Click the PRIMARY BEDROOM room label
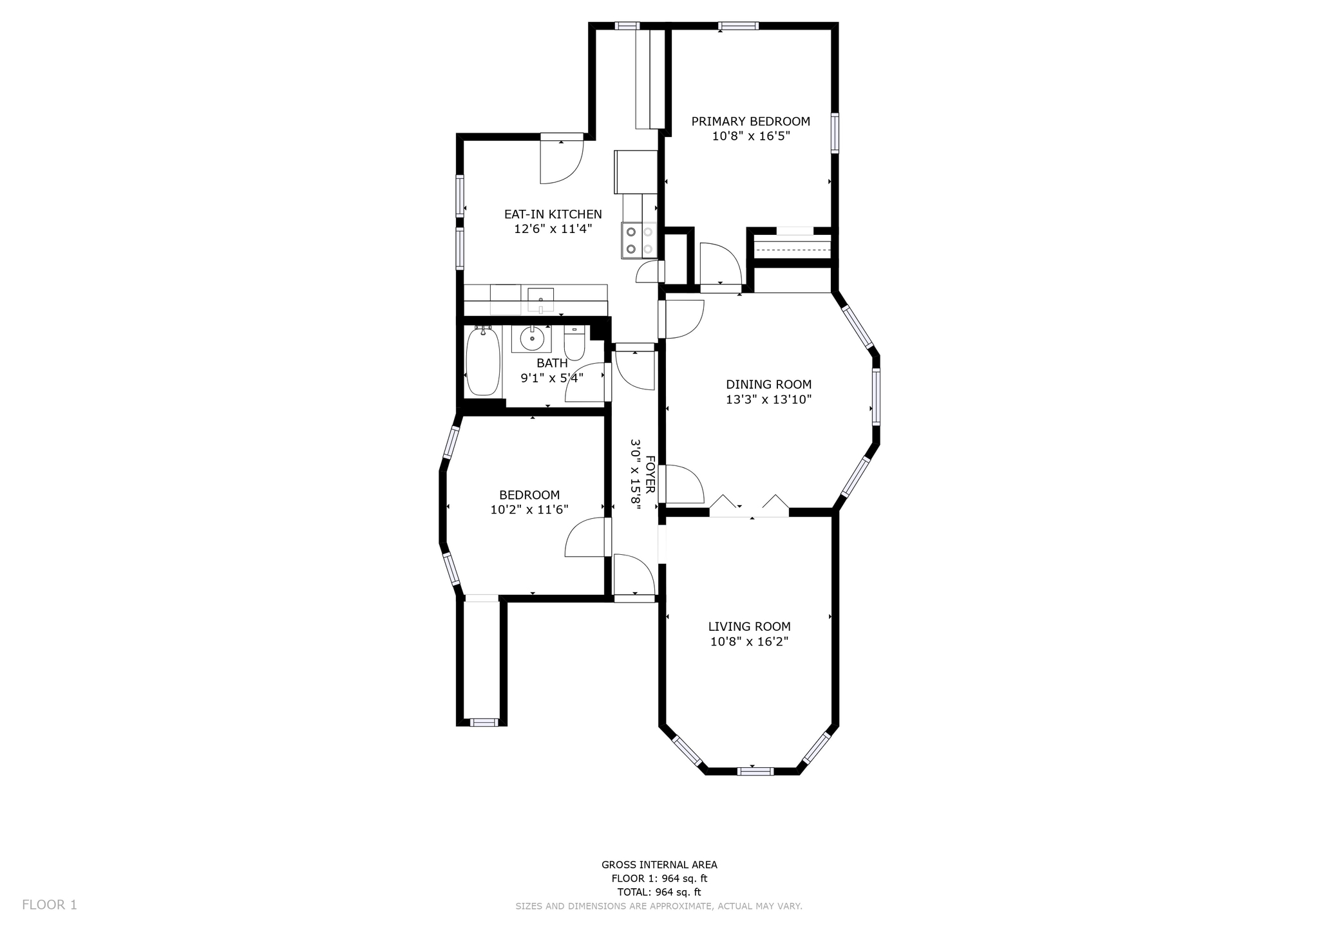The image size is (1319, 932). coord(750,121)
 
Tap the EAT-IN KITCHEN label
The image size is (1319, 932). coord(553,214)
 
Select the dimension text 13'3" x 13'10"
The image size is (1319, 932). coord(768,399)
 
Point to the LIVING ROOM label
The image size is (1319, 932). coord(750,626)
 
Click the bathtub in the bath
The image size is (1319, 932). coord(482,360)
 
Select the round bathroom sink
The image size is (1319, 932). coord(532,337)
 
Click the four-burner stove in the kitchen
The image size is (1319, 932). coord(639,240)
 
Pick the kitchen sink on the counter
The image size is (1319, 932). coord(540,300)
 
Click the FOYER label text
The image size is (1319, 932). coord(650,475)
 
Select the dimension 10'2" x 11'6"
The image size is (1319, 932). coord(529,510)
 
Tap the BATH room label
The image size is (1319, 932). coord(552,363)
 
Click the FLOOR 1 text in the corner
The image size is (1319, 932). coord(50,904)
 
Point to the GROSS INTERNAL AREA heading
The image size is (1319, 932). coord(659,865)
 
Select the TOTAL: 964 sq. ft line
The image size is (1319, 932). coord(659,892)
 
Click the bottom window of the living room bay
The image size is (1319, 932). coord(755,770)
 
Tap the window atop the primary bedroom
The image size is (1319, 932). coord(739,26)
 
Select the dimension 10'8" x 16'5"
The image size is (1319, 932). coord(751,136)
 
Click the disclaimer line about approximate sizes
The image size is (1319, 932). coord(659,906)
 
